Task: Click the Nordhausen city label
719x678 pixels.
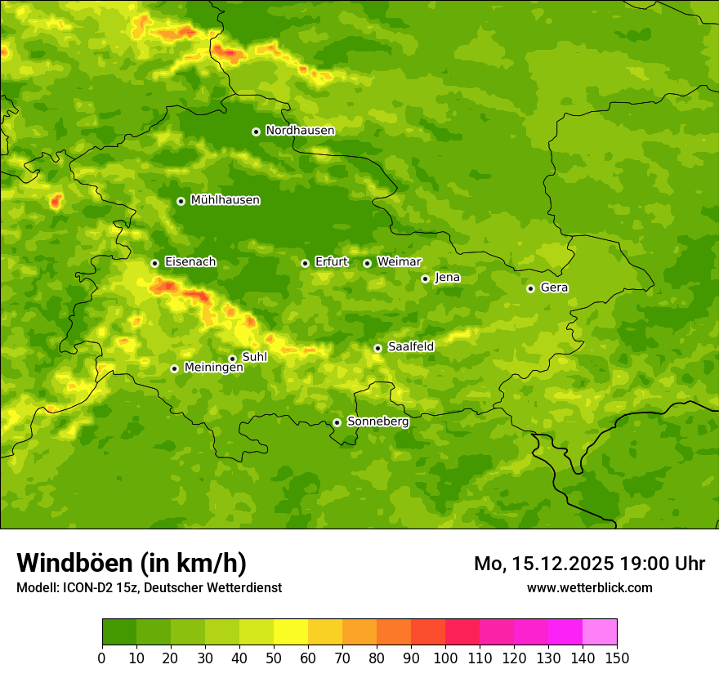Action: pyautogui.click(x=300, y=131)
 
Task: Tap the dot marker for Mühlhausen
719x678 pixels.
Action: pyautogui.click(x=181, y=201)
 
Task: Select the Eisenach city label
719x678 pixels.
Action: pyautogui.click(x=190, y=262)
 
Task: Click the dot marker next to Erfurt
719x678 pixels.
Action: pyautogui.click(x=305, y=263)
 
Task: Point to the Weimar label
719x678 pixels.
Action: pyautogui.click(x=400, y=262)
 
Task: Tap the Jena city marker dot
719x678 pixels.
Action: pyautogui.click(x=425, y=279)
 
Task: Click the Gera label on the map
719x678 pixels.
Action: pyautogui.click(x=554, y=288)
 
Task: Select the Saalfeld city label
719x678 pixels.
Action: pyautogui.click(x=411, y=347)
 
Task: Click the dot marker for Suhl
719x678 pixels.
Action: pyautogui.click(x=232, y=359)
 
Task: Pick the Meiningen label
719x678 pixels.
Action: pyautogui.click(x=214, y=368)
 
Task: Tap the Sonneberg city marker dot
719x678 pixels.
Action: pyautogui.click(x=337, y=422)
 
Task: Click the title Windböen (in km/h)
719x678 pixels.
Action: pyautogui.click(x=132, y=563)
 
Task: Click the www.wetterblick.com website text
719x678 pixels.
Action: pyautogui.click(x=589, y=587)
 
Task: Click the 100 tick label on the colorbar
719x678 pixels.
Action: pyautogui.click(x=445, y=658)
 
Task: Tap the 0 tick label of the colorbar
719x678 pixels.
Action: pyautogui.click(x=102, y=658)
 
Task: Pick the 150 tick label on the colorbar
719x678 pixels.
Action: pyautogui.click(x=617, y=658)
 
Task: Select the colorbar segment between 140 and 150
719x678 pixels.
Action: pyautogui.click(x=600, y=632)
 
